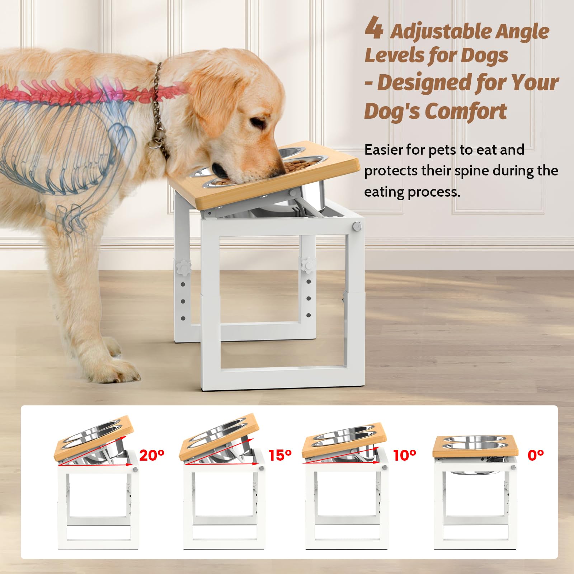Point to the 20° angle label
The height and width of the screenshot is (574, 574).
[x=152, y=455]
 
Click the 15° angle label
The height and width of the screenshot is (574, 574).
[x=280, y=455]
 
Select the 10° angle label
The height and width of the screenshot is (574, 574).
[x=405, y=455]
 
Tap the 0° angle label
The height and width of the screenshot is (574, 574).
[x=536, y=455]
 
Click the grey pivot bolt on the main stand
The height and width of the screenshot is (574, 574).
[x=357, y=226]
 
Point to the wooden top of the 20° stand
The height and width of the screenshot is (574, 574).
[x=94, y=438]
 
